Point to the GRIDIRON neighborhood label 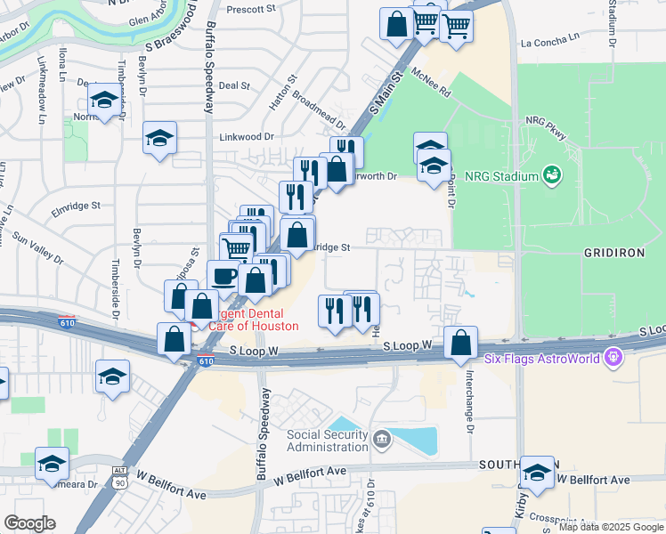613,253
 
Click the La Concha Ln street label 549,42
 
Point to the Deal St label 233,85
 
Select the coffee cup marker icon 223,275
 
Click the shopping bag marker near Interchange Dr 460,343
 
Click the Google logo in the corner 29,523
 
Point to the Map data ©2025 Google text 610,527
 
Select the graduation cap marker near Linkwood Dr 160,138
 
